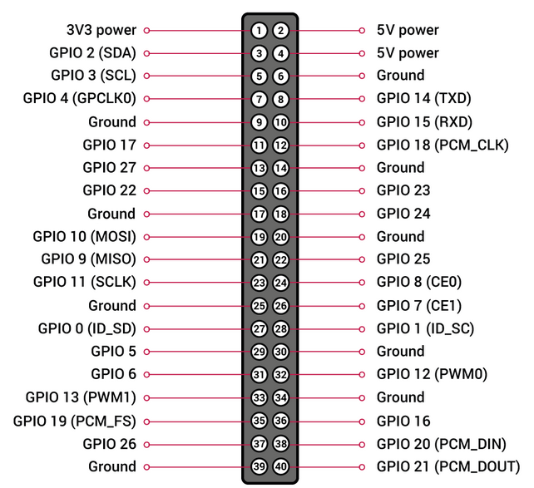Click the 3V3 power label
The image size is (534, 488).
tap(101, 31)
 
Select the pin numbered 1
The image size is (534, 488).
tap(259, 31)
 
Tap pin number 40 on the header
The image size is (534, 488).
tap(281, 466)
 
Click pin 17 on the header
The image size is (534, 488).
tap(259, 214)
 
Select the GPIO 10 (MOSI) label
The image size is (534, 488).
tap(84, 237)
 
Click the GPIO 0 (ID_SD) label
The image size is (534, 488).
tap(87, 328)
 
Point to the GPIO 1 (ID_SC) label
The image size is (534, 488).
tap(425, 328)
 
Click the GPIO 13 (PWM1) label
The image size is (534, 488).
tap(81, 397)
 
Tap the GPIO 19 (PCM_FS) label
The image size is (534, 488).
tap(74, 421)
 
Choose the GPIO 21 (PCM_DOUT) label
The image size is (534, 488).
tap(447, 466)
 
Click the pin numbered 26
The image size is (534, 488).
tap(281, 306)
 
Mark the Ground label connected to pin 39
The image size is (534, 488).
tap(111, 466)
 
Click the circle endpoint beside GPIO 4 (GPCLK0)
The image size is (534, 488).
tap(147, 99)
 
